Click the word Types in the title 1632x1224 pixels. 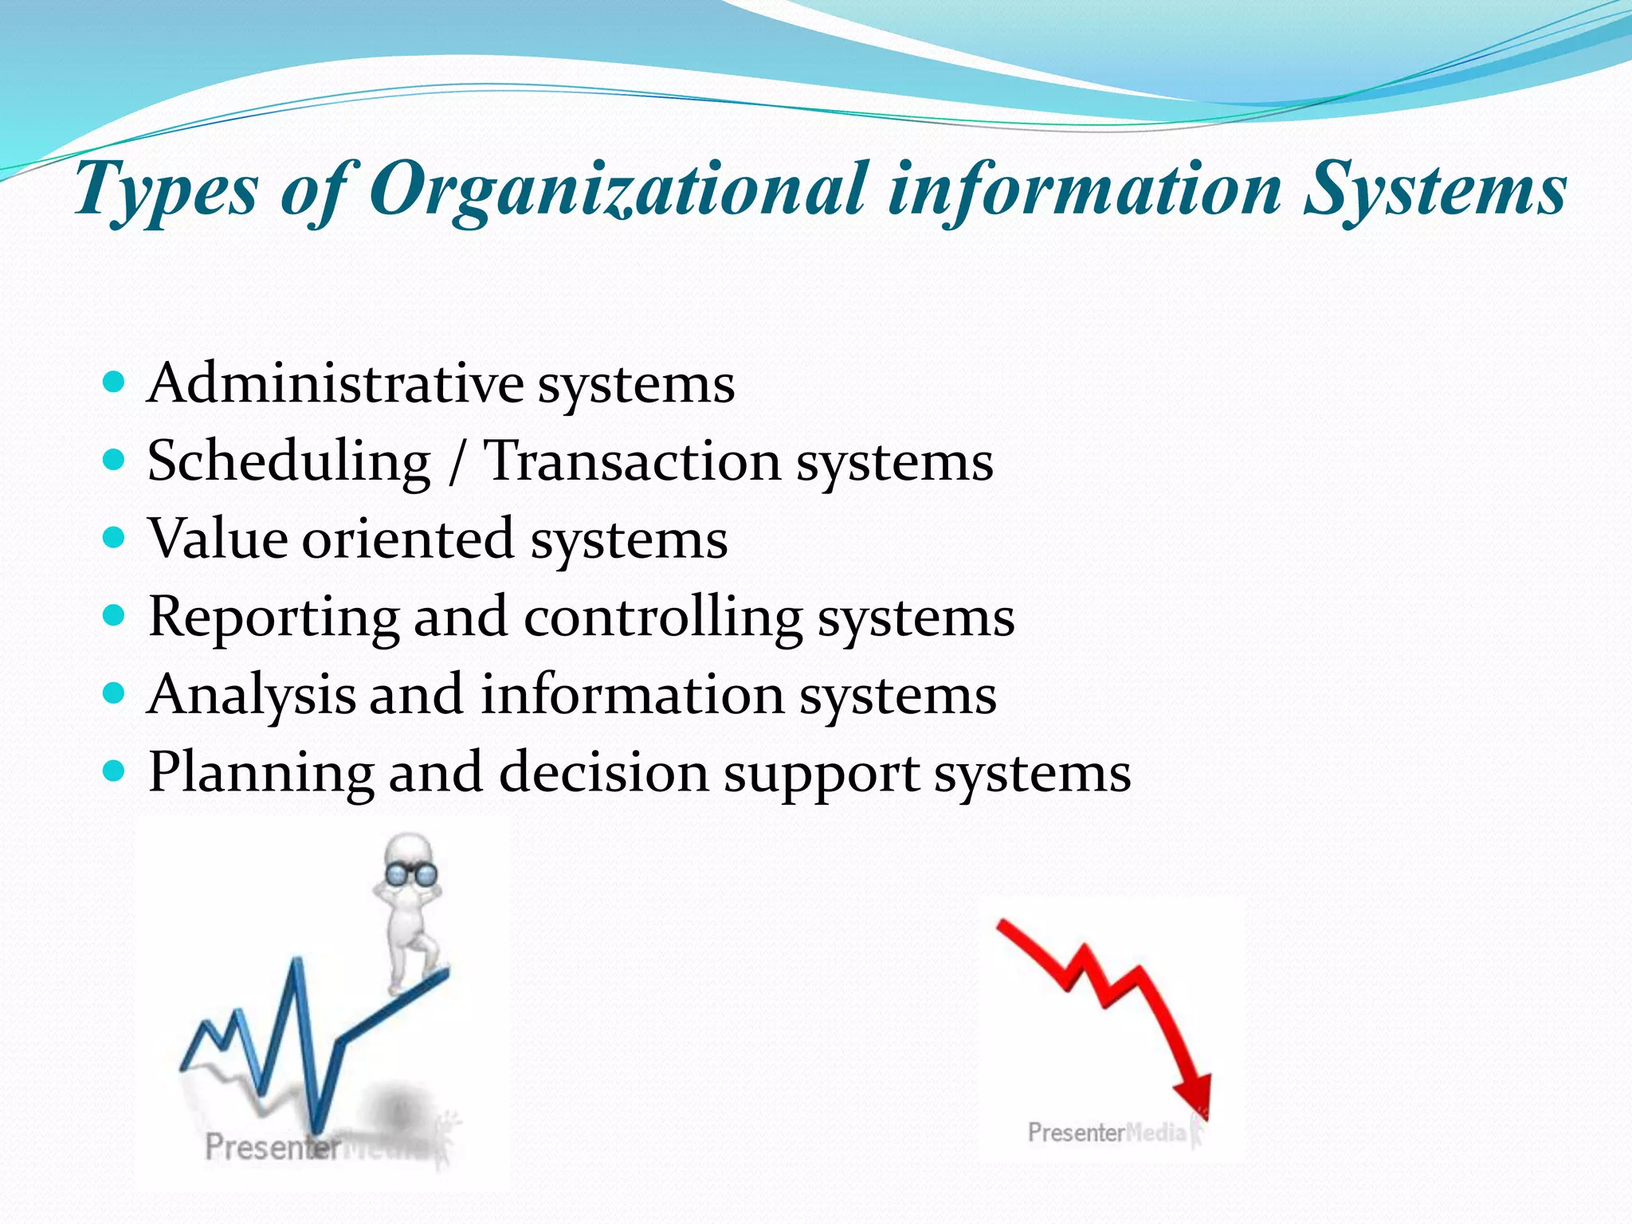point(167,190)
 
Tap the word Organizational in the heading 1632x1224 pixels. point(618,190)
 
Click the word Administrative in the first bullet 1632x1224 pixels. point(335,383)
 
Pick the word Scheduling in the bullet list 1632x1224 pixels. point(288,461)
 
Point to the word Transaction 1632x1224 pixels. point(633,461)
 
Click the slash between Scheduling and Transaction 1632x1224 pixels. point(456,463)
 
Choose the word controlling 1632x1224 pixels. point(663,617)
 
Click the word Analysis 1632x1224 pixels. point(251,695)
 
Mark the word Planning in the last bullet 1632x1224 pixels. point(261,773)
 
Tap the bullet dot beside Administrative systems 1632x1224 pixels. point(115,382)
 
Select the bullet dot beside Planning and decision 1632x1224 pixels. point(115,771)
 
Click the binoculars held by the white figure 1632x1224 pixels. point(410,874)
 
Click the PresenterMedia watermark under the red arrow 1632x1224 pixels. point(1108,1132)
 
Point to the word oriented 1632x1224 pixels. point(407,539)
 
